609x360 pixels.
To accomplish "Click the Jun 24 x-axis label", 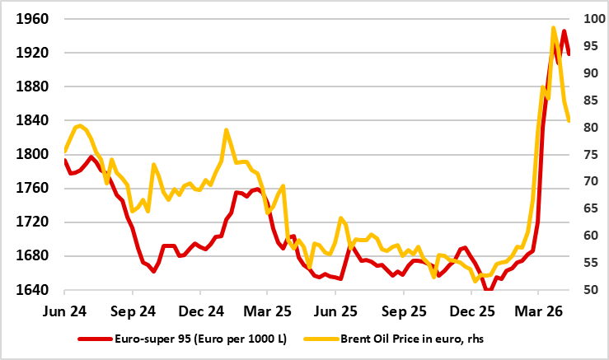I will tap(64, 313).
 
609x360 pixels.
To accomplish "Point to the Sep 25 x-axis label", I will tap(402, 313).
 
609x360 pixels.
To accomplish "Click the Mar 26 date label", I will tap(537, 313).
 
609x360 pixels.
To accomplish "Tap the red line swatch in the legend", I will tap(94, 339).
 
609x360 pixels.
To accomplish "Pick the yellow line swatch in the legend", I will tap(326, 339).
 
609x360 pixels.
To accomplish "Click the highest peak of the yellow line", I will tap(553, 28).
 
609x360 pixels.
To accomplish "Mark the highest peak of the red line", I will tap(564, 31).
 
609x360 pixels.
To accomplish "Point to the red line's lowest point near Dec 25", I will tap(490, 289).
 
